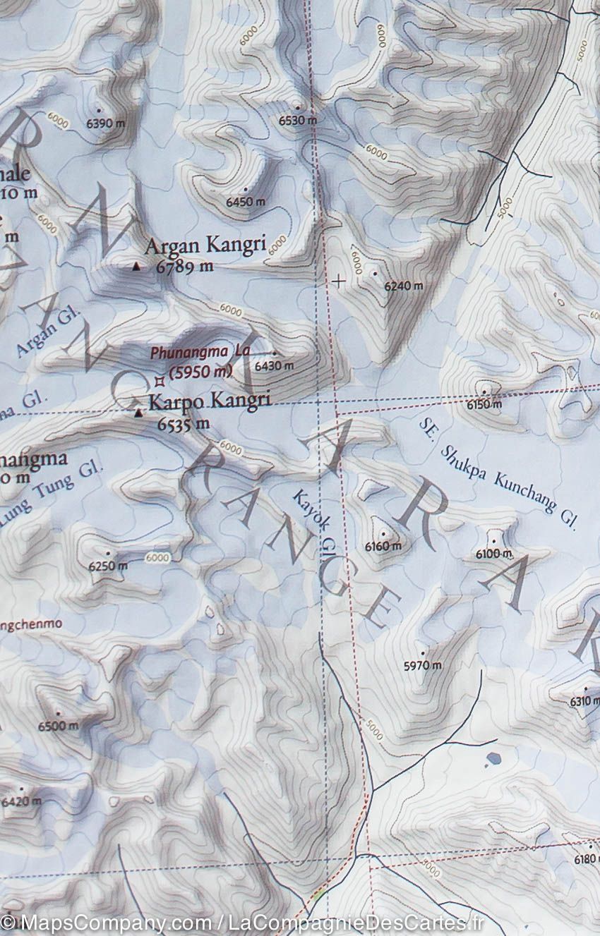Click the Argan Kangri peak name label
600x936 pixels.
coord(205,246)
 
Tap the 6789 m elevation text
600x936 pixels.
coord(185,267)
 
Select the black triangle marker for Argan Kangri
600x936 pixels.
coord(136,267)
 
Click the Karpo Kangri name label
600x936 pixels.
coord(210,401)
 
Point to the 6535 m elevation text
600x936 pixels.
coord(184,424)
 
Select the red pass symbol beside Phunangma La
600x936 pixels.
coord(160,381)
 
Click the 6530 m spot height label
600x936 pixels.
coord(297,121)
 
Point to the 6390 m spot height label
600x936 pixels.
coord(105,123)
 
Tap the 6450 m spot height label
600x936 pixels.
coord(246,202)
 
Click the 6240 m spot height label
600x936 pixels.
coord(404,286)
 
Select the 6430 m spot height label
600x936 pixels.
coord(274,366)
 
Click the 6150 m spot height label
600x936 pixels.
coord(484,404)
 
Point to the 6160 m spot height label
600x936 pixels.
coord(383,546)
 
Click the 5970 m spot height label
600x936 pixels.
coord(422,665)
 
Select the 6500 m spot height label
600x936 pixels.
coord(59,726)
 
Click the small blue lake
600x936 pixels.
coord(493,759)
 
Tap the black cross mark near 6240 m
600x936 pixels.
coord(339,281)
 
